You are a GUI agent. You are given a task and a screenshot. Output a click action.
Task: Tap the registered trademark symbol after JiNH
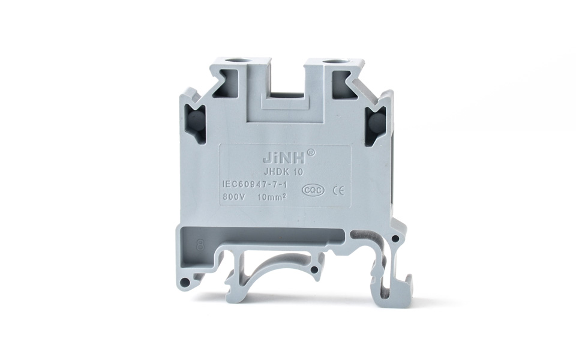click(310, 153)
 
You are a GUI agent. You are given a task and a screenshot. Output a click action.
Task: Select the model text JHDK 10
click(287, 172)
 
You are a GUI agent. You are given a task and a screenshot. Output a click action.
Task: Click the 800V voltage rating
click(233, 196)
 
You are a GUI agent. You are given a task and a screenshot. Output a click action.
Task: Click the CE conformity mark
click(337, 190)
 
